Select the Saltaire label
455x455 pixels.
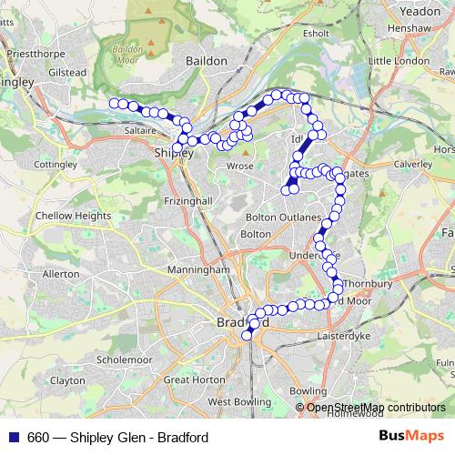click(132, 131)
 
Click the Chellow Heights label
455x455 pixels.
click(72, 215)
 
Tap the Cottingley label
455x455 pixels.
click(55, 165)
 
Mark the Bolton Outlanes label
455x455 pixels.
click(285, 218)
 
